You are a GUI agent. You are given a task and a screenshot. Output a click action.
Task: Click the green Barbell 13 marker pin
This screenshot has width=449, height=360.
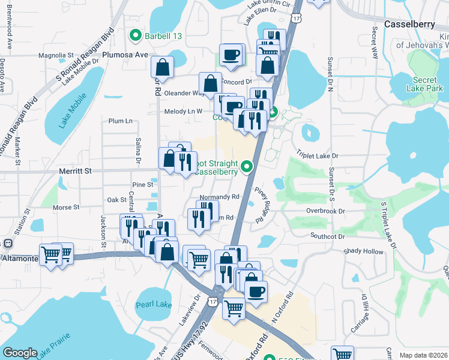point(136,35)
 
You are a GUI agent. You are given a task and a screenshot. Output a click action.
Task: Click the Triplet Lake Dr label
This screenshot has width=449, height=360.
point(318,155)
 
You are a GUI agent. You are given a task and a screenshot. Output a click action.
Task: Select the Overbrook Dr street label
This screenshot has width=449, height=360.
point(325,211)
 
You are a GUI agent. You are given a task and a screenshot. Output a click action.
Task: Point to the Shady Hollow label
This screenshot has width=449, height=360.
point(363,251)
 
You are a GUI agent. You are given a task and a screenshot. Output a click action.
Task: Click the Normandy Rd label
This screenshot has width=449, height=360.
point(220,197)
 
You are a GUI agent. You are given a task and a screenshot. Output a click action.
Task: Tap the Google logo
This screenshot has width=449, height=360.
point(20,353)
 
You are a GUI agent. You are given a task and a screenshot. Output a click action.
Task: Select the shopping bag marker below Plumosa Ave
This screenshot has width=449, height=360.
point(162,67)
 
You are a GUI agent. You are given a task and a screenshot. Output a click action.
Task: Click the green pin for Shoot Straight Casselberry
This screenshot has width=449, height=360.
point(247,165)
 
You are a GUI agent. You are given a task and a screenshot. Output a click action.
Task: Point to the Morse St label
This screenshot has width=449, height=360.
point(67,208)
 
